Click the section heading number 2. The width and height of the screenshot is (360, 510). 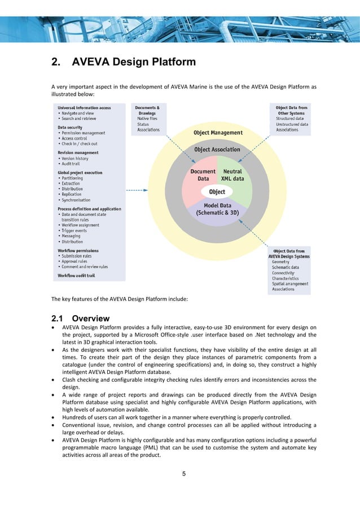(x=56, y=62)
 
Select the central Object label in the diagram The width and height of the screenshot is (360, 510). (x=217, y=192)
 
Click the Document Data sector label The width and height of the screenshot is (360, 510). (x=203, y=175)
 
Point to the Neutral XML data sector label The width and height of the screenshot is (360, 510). (x=232, y=175)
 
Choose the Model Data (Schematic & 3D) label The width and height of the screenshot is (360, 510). (x=217, y=210)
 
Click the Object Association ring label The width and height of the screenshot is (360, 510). (x=217, y=150)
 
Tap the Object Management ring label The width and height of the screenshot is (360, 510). (x=218, y=133)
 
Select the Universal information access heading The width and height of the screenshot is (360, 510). (x=84, y=108)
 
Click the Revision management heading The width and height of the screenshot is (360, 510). (x=78, y=152)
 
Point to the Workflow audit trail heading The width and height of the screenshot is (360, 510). (x=76, y=276)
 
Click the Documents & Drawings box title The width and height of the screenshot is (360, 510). (x=148, y=111)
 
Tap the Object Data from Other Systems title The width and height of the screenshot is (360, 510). (x=291, y=111)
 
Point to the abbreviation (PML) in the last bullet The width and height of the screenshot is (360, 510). (x=166, y=445)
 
